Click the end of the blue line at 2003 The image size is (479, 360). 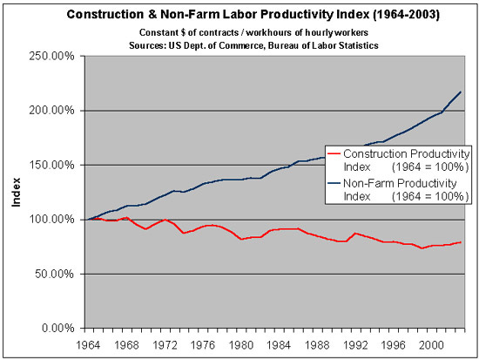click(x=461, y=92)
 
